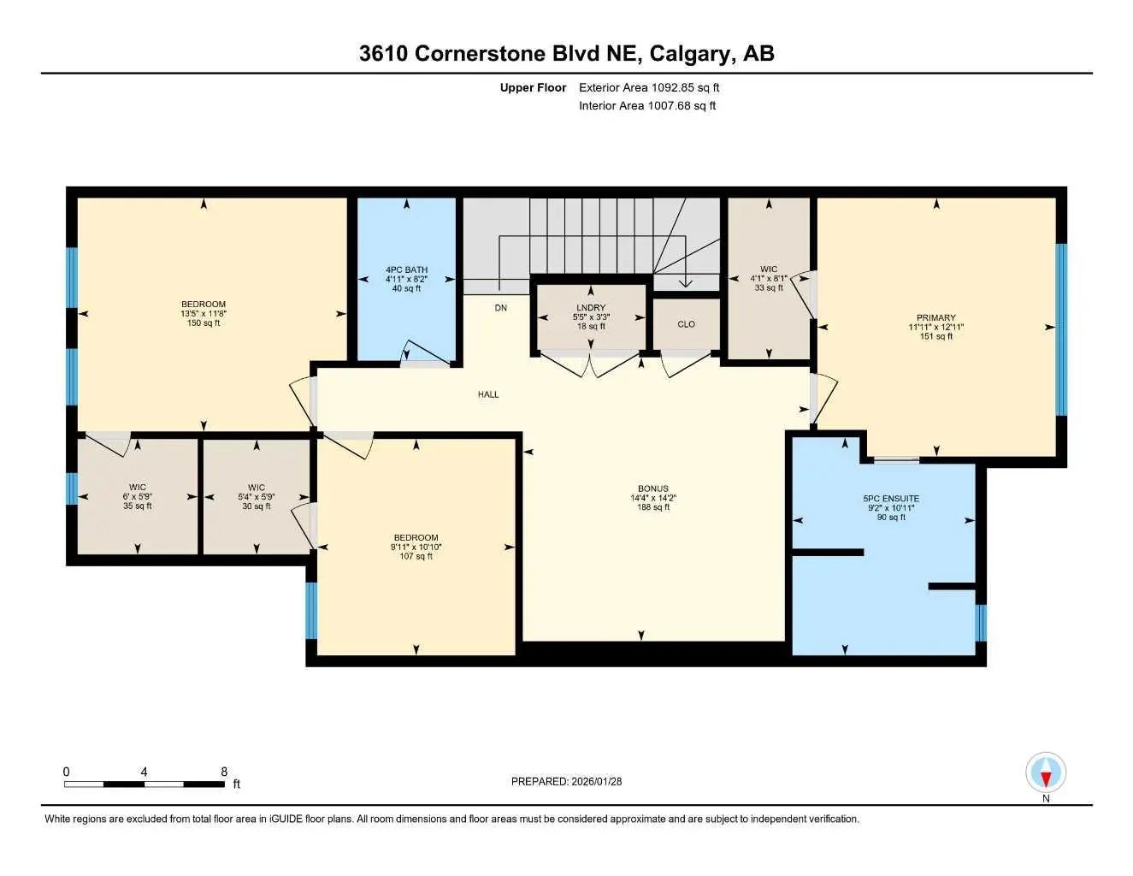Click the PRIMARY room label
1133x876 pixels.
(x=936, y=317)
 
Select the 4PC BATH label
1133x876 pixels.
(x=406, y=269)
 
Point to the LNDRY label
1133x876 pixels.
(x=590, y=308)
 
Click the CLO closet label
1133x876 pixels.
(x=686, y=324)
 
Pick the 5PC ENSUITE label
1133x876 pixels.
(x=891, y=499)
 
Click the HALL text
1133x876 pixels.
(x=488, y=394)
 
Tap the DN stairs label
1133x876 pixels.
(x=500, y=308)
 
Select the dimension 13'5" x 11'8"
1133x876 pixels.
(x=204, y=314)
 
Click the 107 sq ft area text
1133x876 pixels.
(x=416, y=556)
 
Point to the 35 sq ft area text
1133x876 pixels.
(x=138, y=506)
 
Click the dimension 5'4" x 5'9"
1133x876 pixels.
(x=257, y=497)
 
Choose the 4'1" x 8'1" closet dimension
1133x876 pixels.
(x=769, y=278)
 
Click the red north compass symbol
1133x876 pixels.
(x=1046, y=774)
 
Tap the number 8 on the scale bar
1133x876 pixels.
(x=224, y=772)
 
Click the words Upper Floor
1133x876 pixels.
(x=533, y=87)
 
